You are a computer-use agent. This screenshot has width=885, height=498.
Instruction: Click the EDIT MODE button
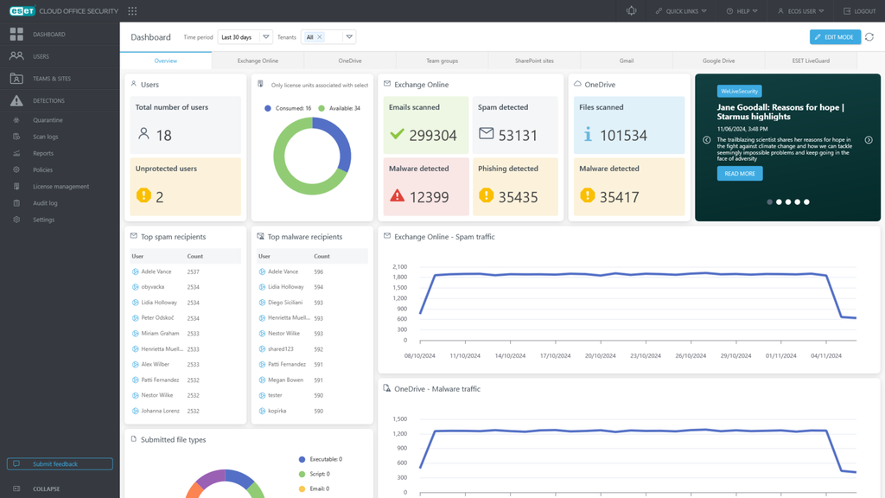click(x=835, y=37)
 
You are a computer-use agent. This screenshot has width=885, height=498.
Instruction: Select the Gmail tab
click(x=627, y=61)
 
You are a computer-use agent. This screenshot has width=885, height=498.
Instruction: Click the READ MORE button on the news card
click(x=739, y=174)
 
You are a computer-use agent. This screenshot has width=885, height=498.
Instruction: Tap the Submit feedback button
click(x=60, y=464)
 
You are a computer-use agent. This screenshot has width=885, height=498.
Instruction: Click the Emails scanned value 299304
click(x=432, y=136)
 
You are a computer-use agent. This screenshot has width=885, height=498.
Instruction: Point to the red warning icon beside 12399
click(x=398, y=196)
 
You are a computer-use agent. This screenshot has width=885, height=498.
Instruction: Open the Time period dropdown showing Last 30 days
click(x=245, y=37)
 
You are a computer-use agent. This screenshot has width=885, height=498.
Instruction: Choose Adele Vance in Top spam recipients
click(x=156, y=271)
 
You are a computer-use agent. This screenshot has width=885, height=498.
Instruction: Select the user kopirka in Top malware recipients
click(x=278, y=411)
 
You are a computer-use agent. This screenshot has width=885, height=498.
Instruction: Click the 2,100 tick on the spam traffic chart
click(x=399, y=267)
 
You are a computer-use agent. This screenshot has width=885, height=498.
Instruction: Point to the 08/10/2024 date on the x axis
click(x=420, y=355)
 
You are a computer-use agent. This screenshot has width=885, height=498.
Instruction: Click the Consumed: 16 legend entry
click(x=288, y=108)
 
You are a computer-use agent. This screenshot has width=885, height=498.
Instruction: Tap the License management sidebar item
click(x=60, y=187)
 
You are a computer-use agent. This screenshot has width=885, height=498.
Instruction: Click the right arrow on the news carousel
click(x=869, y=140)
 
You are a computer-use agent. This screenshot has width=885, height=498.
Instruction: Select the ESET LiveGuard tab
click(x=811, y=61)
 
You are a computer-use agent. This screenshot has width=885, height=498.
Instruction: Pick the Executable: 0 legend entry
click(x=321, y=459)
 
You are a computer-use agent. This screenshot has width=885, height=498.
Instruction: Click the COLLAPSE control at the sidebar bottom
click(x=46, y=488)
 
